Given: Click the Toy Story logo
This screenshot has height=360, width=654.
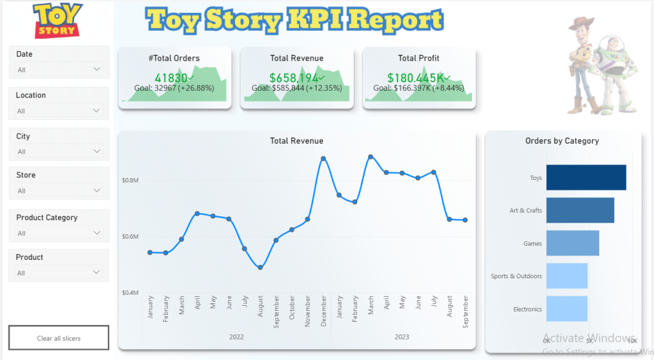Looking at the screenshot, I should click(58, 20).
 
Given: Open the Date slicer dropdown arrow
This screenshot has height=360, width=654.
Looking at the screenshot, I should click(97, 69).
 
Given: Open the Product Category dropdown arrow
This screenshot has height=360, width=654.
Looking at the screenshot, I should click(97, 233).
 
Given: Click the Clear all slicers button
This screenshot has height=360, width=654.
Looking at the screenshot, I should click(59, 338).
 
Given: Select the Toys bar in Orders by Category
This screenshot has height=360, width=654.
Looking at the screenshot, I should click(586, 177).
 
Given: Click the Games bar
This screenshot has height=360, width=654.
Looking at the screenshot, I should click(573, 243).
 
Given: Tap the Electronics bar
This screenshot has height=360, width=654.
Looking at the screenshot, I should click(567, 309).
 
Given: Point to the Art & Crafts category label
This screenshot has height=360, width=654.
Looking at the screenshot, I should click(525, 211).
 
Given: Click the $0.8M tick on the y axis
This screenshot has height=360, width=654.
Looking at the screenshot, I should click(130, 181).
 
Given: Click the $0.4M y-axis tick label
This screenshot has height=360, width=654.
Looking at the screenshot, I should click(130, 292).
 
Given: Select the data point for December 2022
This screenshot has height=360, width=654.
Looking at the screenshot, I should click(324, 158).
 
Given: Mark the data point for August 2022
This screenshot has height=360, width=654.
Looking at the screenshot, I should click(261, 267).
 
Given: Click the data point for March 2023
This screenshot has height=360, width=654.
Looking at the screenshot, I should click(370, 156).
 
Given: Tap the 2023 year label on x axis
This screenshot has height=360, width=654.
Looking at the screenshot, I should click(402, 337).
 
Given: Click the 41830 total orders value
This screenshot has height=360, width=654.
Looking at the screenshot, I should click(171, 78).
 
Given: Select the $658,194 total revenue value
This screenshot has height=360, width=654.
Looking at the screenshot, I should click(294, 78).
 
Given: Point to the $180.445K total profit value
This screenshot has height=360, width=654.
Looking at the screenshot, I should click(416, 78).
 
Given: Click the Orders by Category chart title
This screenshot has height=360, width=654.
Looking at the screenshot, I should click(562, 141).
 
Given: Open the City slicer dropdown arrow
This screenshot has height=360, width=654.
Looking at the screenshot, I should click(97, 151).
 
